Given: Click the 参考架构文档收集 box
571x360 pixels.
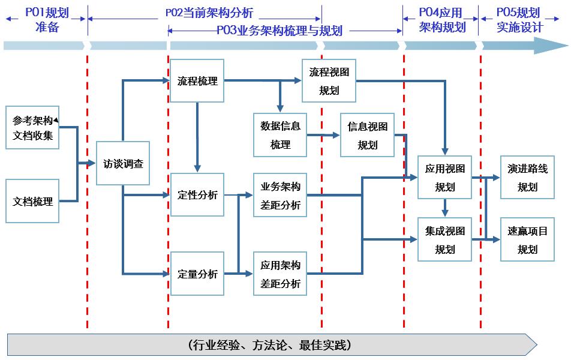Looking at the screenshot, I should [x=32, y=127].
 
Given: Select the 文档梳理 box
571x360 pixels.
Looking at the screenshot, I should [x=32, y=202].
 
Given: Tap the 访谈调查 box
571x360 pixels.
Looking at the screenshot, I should [x=123, y=163].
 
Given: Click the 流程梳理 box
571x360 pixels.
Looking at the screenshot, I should [x=197, y=81].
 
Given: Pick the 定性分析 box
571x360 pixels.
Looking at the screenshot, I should [x=197, y=195].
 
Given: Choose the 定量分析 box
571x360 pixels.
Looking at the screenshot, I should [x=197, y=274].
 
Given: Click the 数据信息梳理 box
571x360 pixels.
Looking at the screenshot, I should [x=280, y=135].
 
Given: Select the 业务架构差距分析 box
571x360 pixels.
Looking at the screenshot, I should [x=280, y=195].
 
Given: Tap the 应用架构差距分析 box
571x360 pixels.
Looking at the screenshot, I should [x=280, y=274].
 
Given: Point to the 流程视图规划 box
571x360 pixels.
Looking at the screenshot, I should [x=329, y=81].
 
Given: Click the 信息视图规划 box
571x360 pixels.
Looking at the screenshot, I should [x=368, y=135].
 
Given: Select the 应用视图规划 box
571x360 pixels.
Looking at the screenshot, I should [x=444, y=178].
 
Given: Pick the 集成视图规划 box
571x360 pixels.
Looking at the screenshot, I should [x=444, y=239].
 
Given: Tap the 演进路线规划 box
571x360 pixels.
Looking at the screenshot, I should [x=527, y=178].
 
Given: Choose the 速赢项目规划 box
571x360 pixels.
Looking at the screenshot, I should [x=527, y=239].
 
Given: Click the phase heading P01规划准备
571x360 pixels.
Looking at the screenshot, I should [x=47, y=19].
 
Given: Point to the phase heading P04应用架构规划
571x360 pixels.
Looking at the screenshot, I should [x=441, y=19].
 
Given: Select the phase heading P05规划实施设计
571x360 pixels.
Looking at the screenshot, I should [x=519, y=19].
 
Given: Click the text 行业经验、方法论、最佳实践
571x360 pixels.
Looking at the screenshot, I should [x=269, y=345].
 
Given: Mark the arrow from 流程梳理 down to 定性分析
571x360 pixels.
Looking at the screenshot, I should [x=197, y=138].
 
